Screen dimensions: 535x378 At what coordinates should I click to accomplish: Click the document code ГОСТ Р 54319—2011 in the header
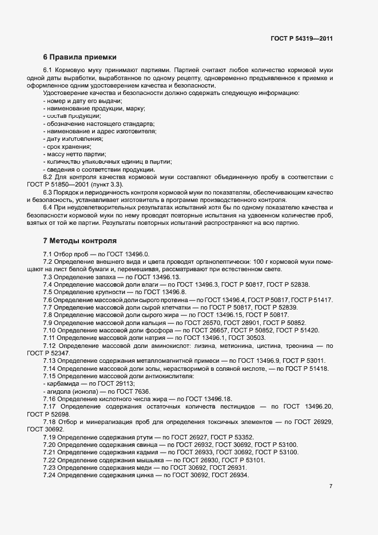tap(301, 39)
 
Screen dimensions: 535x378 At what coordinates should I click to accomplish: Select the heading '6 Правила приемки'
tap(79, 57)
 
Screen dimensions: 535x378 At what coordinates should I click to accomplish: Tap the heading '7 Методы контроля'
tap(79, 240)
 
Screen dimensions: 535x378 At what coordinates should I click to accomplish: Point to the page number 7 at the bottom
tap(331, 486)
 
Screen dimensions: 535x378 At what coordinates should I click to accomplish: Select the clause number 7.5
tap(48, 292)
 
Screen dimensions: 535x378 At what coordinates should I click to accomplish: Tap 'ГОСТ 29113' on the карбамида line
tap(110, 384)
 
